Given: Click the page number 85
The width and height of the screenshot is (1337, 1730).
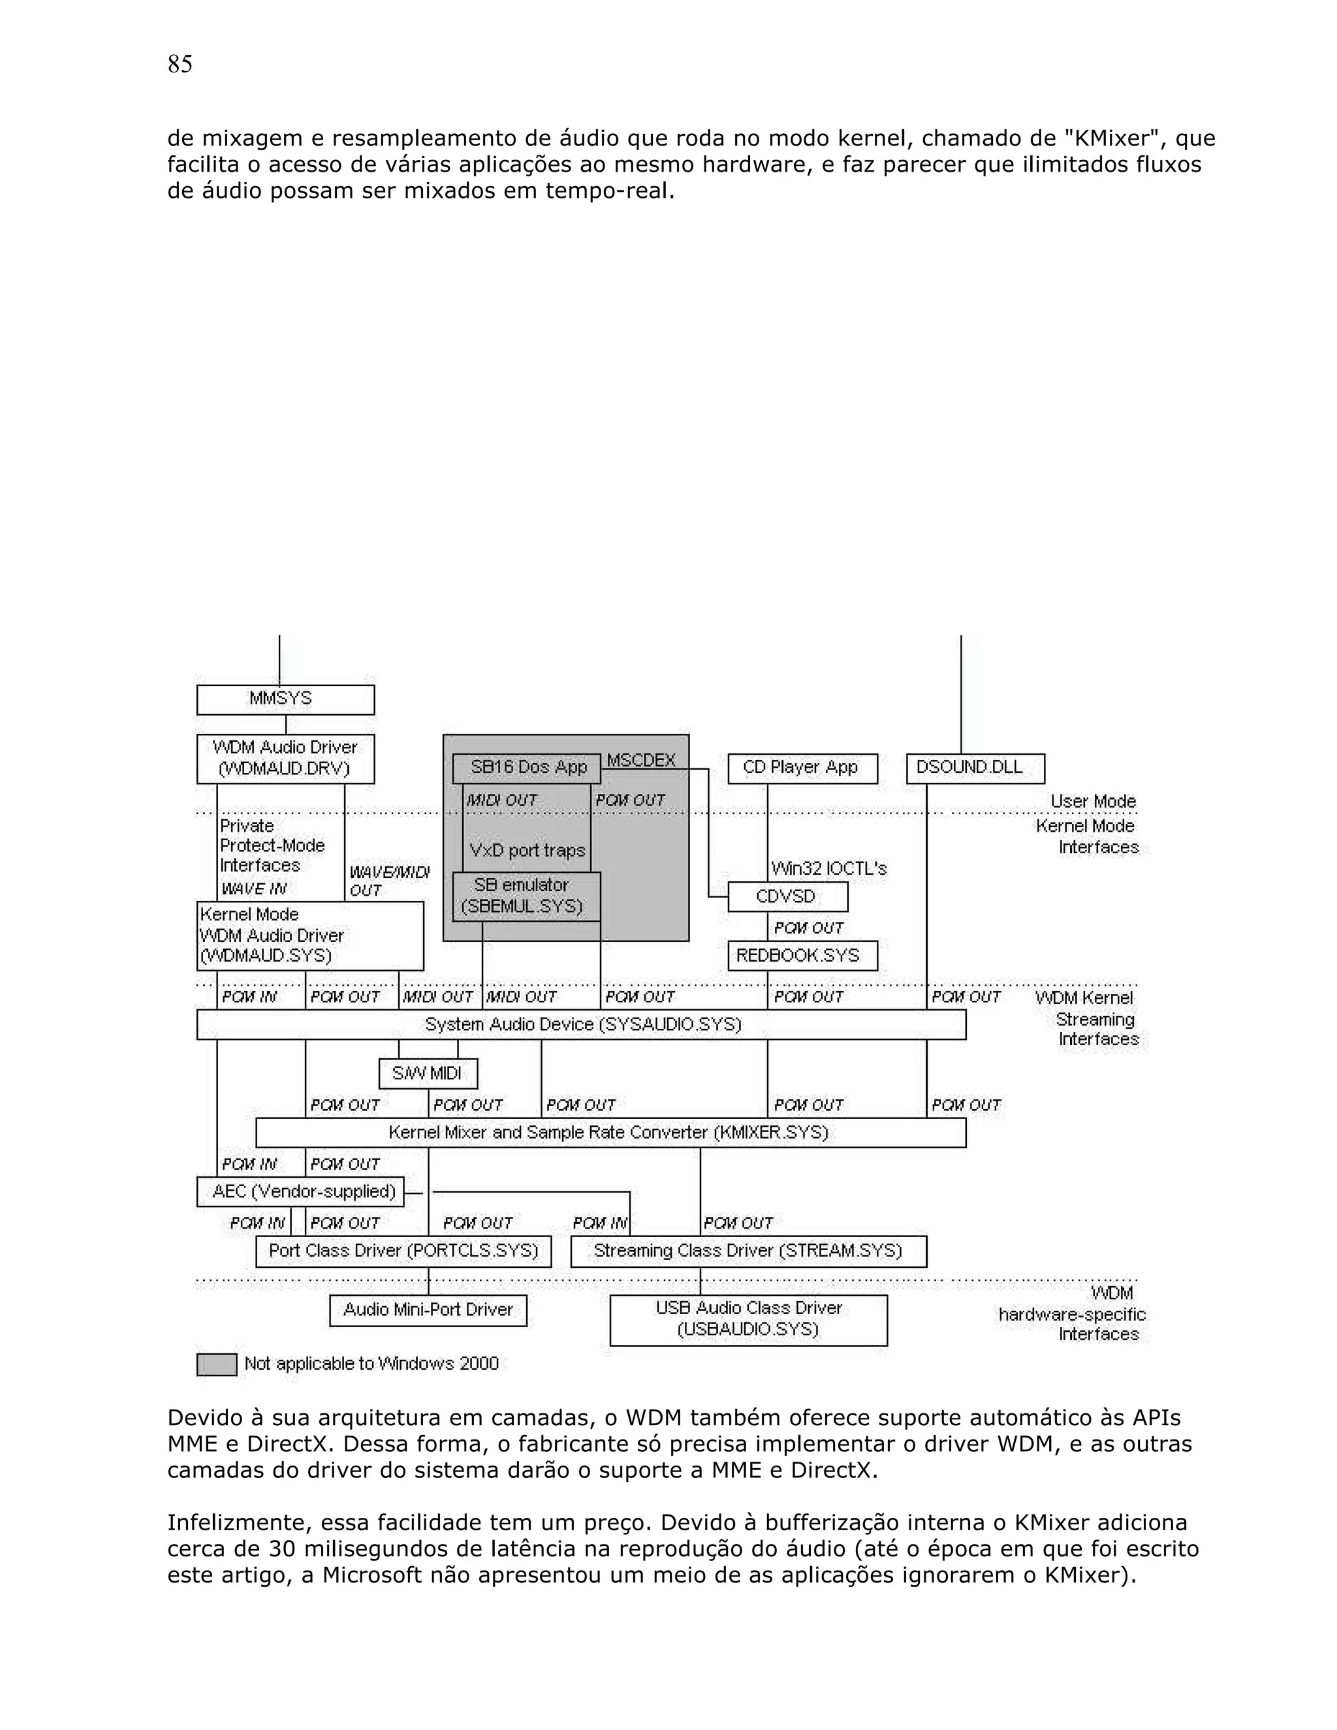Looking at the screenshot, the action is coord(180,64).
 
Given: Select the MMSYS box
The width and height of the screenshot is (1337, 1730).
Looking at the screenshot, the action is coord(285,699).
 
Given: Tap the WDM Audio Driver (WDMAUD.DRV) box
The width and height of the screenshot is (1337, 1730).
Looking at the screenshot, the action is coord(285,758).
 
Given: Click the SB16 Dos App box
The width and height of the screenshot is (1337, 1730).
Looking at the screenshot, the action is coord(528,768).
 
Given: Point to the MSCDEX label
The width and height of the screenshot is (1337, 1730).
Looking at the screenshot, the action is coord(641,761).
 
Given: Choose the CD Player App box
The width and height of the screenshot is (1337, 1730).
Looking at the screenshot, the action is coord(802,768).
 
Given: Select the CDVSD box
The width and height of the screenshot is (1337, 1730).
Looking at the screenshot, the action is coord(787,897).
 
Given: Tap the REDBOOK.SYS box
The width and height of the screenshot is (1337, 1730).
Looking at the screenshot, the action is coord(802,955).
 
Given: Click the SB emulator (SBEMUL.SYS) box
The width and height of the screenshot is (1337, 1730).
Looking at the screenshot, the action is coord(526,896).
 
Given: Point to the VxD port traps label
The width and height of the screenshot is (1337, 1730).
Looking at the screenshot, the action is coord(527,851).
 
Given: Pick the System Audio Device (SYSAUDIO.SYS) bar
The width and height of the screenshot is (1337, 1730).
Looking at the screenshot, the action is coord(582,1024).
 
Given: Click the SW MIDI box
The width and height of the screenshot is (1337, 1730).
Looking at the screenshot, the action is coord(428,1073).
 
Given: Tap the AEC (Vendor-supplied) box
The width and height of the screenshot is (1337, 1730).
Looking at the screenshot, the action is coord(300,1191).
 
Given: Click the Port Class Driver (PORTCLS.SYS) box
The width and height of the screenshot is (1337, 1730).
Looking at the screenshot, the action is coord(403,1251).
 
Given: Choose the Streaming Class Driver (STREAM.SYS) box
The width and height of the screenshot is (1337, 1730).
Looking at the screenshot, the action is coord(747,1251).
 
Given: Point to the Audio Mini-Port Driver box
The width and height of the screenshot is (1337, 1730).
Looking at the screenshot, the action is coord(428,1310).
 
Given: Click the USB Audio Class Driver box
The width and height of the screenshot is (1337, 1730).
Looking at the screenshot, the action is coord(747,1319).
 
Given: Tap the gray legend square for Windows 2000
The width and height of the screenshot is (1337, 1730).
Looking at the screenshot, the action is coord(216,1364).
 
